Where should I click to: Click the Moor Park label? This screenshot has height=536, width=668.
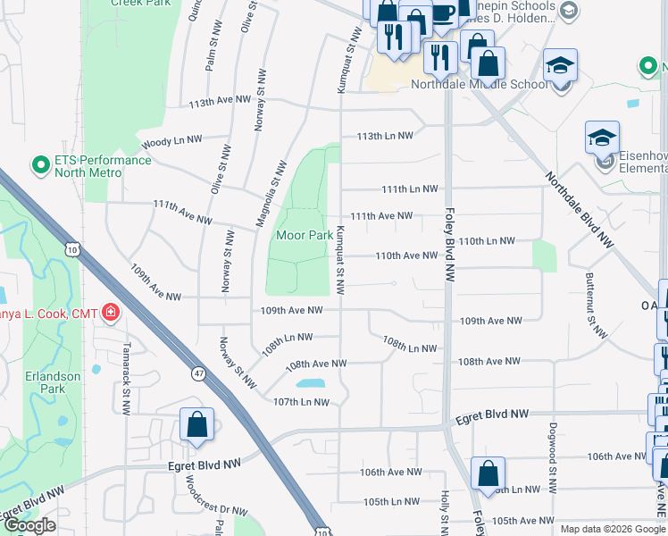coord(305,236)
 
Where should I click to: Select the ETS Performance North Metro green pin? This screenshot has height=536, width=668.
coord(39,165)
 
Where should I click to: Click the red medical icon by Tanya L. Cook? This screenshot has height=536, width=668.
coord(111,312)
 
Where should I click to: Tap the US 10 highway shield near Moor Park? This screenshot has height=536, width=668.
coord(71,247)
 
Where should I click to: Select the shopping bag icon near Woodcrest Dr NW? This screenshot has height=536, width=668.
coord(196,425)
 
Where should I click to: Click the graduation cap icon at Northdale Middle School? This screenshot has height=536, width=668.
coord(560,66)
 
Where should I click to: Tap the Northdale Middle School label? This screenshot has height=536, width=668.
coord(480,85)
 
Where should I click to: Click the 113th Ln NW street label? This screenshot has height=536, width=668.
coord(385,136)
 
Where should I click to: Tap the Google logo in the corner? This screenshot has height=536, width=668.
coord(29,525)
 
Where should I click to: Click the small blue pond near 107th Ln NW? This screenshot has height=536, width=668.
coord(309,383)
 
